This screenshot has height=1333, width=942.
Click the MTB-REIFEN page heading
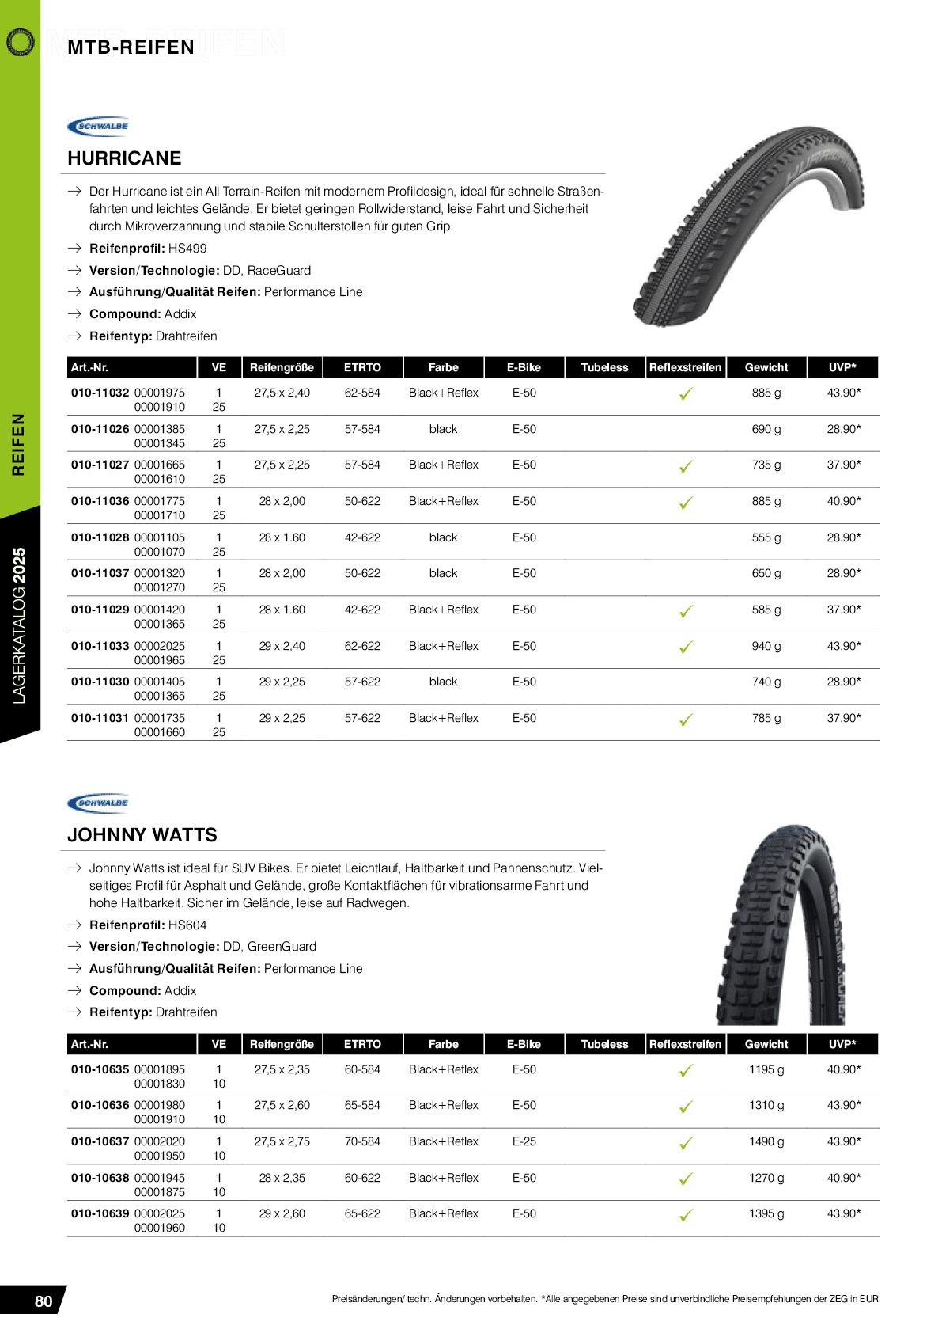(x=131, y=47)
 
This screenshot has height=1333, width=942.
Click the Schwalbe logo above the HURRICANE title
(x=98, y=126)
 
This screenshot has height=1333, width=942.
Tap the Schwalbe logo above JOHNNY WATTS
(x=98, y=803)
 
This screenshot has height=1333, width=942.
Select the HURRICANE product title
(x=124, y=158)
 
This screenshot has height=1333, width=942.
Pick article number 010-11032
(x=100, y=393)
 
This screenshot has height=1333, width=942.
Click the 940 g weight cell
(x=766, y=646)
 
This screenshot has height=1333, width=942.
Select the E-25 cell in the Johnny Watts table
(x=524, y=1141)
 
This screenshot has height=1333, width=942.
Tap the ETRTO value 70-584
(x=362, y=1141)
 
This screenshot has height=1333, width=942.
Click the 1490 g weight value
(x=766, y=1141)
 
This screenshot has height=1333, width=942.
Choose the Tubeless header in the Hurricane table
(x=604, y=367)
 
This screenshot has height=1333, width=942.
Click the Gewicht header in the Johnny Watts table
(x=766, y=1044)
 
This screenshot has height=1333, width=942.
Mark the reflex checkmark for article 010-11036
(x=686, y=503)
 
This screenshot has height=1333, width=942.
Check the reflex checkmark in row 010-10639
(x=686, y=1215)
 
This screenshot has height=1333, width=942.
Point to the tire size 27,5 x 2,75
(x=282, y=1141)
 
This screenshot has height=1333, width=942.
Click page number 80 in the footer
(x=44, y=1301)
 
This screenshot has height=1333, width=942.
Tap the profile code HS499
(x=187, y=249)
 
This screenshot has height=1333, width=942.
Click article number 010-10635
(x=100, y=1069)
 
